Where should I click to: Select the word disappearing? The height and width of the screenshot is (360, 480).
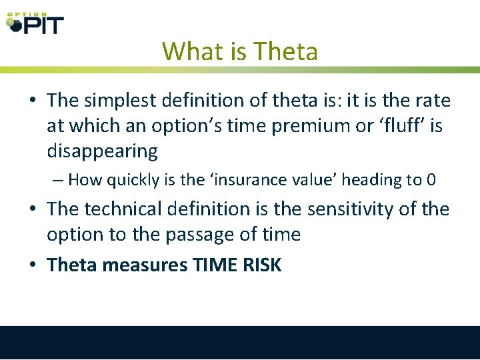click(102, 151)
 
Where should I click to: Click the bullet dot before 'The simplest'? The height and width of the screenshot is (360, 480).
click(33, 101)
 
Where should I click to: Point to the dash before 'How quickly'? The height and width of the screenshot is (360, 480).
click(59, 180)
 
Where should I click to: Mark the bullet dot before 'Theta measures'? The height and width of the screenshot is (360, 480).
click(33, 265)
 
